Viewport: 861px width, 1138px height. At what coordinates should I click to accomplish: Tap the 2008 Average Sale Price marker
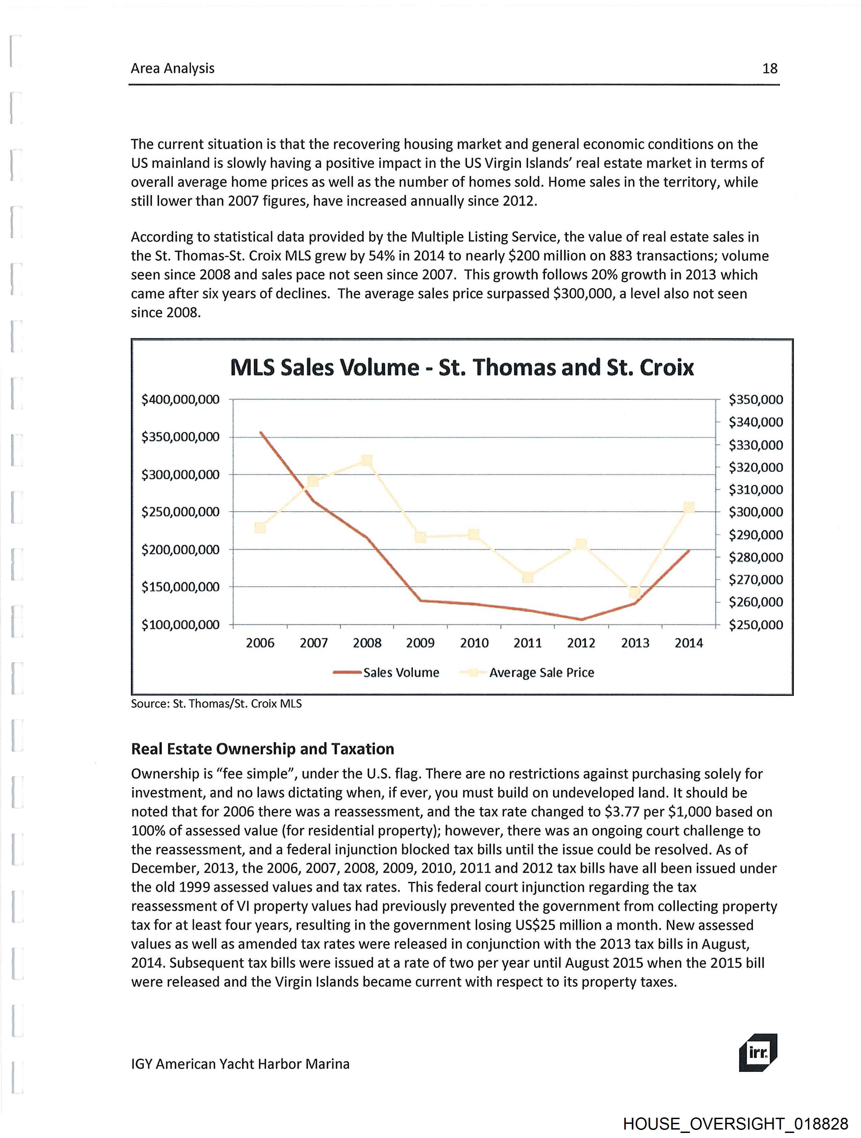pyautogui.click(x=367, y=460)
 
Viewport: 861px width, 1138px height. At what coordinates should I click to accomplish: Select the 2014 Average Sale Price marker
pyautogui.click(x=689, y=508)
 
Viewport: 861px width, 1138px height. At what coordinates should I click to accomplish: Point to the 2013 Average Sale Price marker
pyautogui.click(x=635, y=593)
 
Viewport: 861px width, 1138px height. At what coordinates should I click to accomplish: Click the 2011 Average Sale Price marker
pyautogui.click(x=528, y=578)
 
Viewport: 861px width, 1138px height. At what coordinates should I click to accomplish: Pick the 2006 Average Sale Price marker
pyautogui.click(x=260, y=528)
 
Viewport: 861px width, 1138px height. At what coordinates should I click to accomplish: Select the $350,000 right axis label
pyautogui.click(x=756, y=400)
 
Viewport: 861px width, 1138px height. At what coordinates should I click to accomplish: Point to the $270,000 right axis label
pyautogui.click(x=756, y=580)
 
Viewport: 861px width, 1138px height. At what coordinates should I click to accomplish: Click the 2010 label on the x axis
pyautogui.click(x=474, y=643)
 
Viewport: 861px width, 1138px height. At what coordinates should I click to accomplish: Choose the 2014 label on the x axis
pyautogui.click(x=688, y=643)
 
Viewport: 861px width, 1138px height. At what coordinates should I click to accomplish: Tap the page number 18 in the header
pyautogui.click(x=769, y=69)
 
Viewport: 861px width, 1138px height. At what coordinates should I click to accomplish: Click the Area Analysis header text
pyautogui.click(x=172, y=69)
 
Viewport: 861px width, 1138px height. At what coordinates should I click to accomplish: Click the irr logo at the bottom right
pyautogui.click(x=758, y=1052)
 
